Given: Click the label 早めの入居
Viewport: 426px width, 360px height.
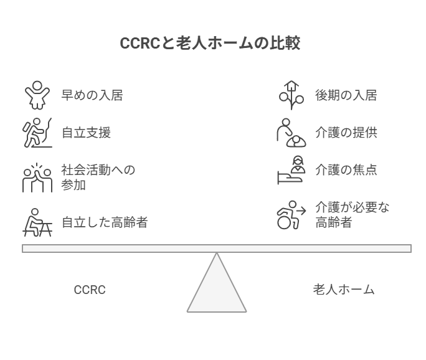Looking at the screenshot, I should pos(92,95).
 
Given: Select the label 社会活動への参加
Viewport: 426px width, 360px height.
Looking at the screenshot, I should pos(98,178).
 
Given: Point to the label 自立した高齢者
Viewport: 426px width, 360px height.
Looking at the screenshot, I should pos(104,222).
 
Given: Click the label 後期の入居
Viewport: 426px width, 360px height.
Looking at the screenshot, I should pos(346,95).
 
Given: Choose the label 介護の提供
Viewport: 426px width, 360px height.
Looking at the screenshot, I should pos(346,133).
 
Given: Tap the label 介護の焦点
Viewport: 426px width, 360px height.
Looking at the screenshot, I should pos(346,170).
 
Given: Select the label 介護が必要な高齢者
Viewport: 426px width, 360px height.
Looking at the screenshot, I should pos(352,215).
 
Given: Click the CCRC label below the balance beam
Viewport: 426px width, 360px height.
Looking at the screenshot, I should pos(90,290).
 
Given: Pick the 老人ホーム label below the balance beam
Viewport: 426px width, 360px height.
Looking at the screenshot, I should pos(343,290).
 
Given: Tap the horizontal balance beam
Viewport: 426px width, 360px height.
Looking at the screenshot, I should pos(217,249).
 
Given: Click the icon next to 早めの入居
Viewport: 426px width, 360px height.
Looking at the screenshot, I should pos(37,95).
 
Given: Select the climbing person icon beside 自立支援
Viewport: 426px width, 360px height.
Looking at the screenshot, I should pos(37,133).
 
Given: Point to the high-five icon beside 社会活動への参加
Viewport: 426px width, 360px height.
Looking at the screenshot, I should pos(37,178).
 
